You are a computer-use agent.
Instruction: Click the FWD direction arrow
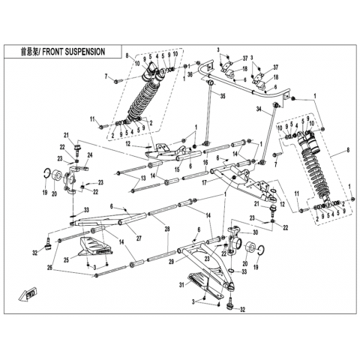coord(28,295)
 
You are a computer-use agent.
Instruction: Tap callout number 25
coord(66,259)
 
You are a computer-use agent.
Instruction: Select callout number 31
coord(181,284)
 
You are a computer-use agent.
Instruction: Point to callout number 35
coord(223,96)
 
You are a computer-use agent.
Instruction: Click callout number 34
coord(259,109)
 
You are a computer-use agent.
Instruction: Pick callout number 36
coord(190,74)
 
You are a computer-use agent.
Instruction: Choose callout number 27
coord(139,238)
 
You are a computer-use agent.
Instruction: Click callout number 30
coord(255,232)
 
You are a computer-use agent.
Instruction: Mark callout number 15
coord(177,169)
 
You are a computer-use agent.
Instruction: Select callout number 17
coord(205,183)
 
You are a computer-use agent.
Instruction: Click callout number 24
coord(90,155)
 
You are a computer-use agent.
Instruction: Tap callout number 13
coord(143,178)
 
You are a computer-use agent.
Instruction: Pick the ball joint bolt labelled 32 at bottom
coord(229,305)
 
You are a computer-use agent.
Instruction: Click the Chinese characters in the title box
coord(30,52)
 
